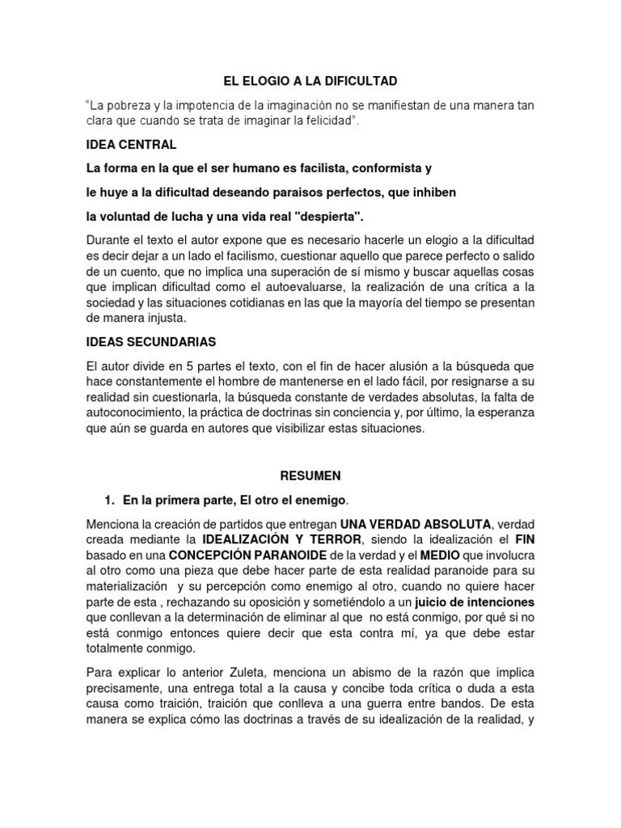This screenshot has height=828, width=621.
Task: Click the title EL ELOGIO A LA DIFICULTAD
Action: coord(310,82)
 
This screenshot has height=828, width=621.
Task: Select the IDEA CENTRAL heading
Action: coord(130,146)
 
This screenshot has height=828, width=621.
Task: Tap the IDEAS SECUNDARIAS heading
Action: coord(151,342)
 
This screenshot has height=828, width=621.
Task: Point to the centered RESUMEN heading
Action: coord(310,475)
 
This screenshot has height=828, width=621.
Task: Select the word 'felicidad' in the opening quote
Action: coord(325,121)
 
